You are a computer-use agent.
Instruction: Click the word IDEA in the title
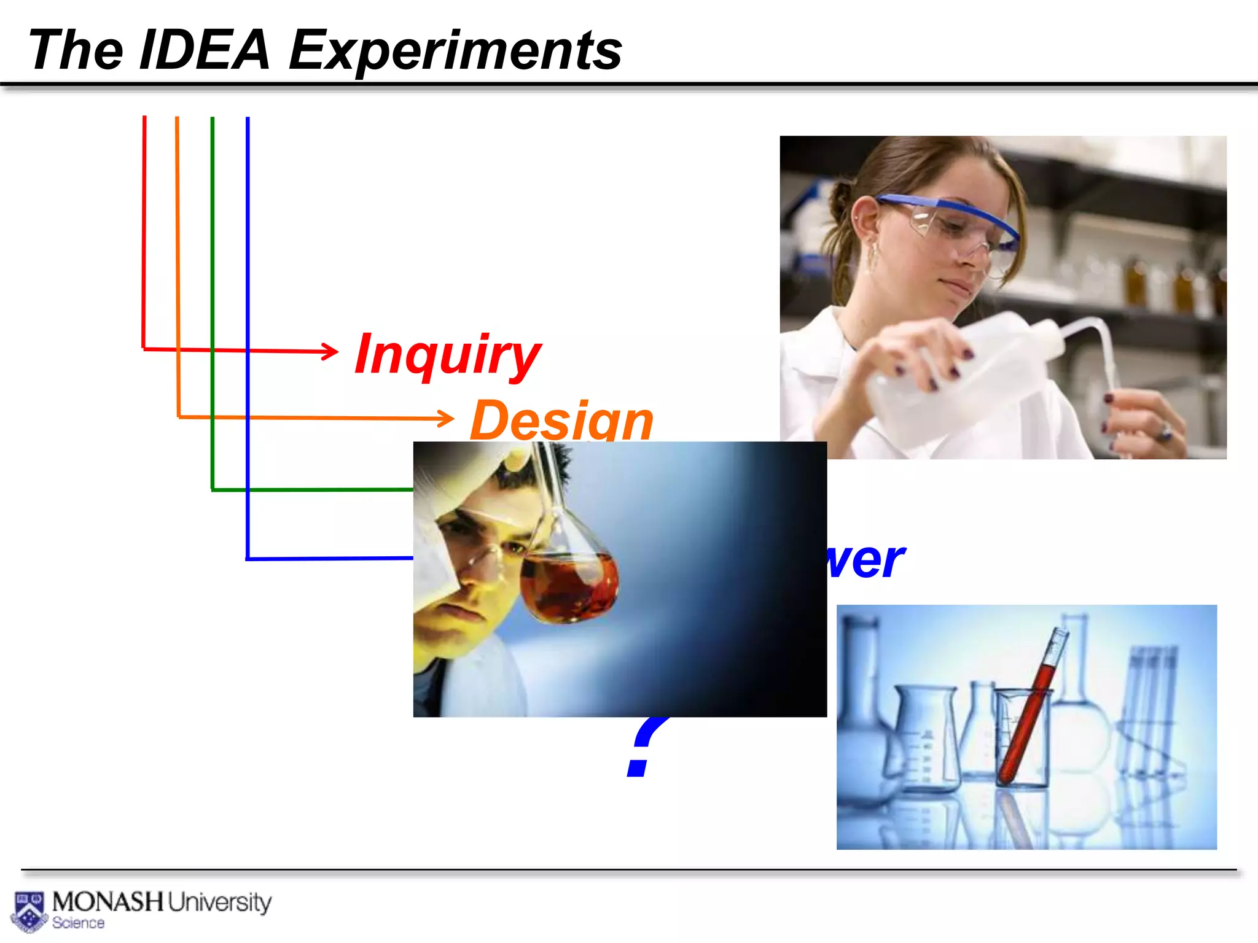coord(205,50)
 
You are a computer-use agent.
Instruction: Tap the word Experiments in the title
coord(455,52)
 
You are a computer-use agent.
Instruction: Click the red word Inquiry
coord(448,355)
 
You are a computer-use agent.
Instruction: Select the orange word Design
coord(561,420)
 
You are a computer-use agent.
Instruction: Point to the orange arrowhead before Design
coord(447,419)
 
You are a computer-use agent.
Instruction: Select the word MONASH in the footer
coord(108,902)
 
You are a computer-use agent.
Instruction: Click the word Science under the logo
coord(78,923)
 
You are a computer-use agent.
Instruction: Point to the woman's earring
coord(871,258)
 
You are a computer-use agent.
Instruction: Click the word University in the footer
coord(219,902)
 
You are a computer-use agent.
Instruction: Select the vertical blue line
coord(248,307)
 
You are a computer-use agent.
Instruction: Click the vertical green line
coord(213,276)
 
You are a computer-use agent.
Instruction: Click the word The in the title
coord(76,50)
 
